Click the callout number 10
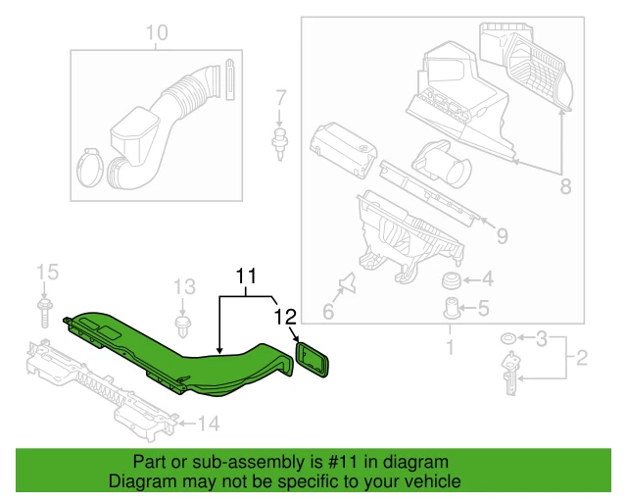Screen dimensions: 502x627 [157, 34]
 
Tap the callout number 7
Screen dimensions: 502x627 [280, 98]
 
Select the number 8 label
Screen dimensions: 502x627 [564, 184]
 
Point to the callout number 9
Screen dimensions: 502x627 [502, 236]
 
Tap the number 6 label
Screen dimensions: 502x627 [329, 313]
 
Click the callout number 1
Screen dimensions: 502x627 [450, 346]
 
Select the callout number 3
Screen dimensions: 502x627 [541, 339]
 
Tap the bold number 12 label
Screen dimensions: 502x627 [284, 316]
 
